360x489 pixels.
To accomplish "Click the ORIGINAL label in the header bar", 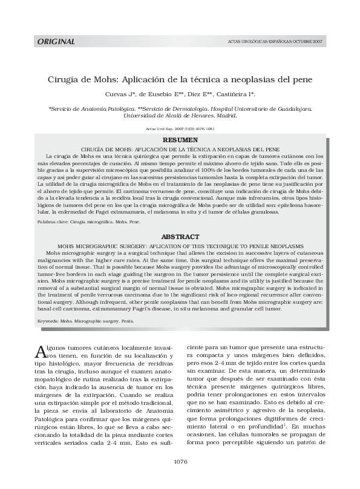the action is coord(56,42).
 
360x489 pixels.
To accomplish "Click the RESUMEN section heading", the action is coord(180,140).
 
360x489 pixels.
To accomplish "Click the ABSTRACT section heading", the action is coord(180,237).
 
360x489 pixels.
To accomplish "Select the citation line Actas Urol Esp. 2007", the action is coord(180,128).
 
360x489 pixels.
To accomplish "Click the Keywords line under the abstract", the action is coord(85,319).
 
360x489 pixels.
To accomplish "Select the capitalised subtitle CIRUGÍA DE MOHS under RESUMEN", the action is coord(180,148).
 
